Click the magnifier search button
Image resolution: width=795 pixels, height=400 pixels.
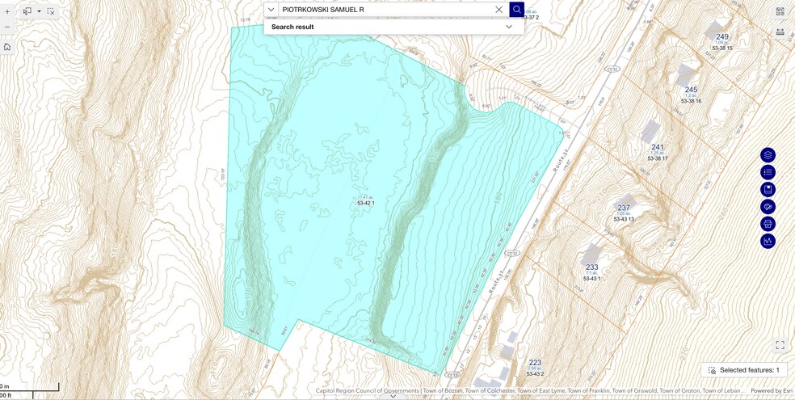[517, 10]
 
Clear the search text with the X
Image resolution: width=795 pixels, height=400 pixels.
[498, 10]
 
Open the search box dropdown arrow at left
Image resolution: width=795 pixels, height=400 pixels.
[271, 10]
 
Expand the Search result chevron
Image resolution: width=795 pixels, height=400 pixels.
[509, 27]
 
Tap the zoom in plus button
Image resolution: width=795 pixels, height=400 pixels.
[7, 12]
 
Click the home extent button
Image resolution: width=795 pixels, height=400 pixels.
[7, 47]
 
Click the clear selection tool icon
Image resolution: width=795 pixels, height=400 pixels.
[51, 12]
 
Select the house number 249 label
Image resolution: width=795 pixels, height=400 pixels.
[721, 37]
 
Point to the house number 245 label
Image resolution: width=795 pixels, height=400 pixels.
[691, 90]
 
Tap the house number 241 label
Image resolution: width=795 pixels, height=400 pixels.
[657, 147]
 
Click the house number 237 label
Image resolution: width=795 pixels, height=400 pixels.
[624, 208]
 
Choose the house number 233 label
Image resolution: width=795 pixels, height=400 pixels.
[592, 267]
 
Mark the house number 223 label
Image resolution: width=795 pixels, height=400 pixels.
[535, 363]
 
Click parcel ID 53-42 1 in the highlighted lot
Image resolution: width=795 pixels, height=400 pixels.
[366, 204]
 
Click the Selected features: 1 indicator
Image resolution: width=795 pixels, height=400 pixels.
[744, 370]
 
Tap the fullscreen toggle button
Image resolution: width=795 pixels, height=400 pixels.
[780, 345]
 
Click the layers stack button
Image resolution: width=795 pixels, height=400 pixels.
[768, 155]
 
